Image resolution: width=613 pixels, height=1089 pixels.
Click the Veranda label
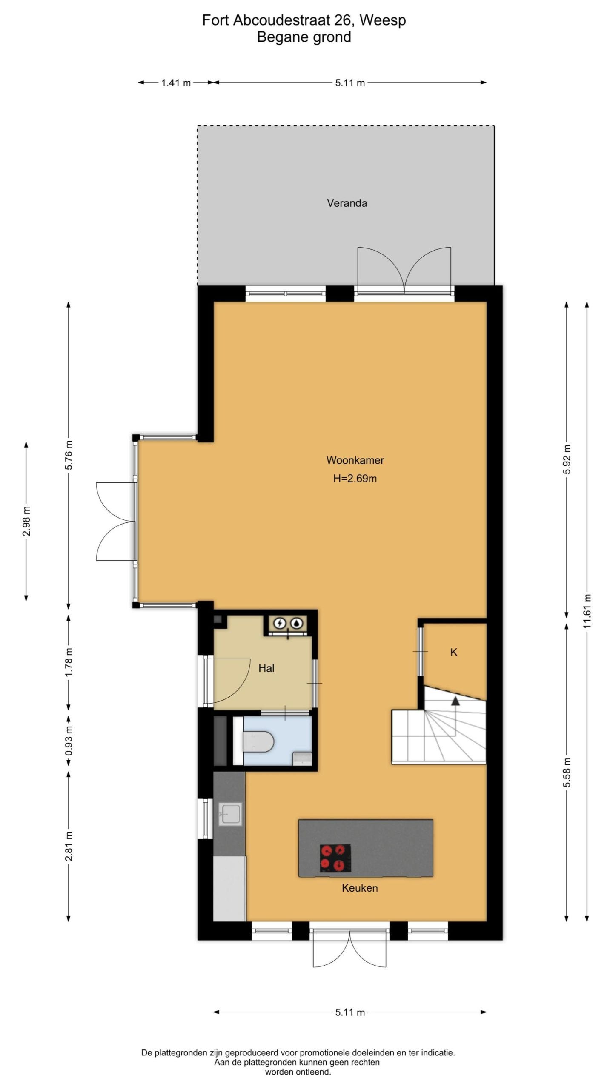coord(347,203)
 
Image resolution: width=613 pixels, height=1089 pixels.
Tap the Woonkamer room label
coord(355,460)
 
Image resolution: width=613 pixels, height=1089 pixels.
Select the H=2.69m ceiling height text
coord(355,479)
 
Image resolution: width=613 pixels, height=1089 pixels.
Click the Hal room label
coord(266,668)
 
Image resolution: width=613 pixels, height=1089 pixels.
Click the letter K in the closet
coord(454,652)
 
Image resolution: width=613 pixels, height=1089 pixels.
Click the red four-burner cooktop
coord(335,858)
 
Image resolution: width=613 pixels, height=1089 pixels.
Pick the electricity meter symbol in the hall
coord(280,623)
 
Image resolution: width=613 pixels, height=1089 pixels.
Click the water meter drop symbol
coord(296,623)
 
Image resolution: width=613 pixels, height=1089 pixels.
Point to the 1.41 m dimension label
coord(176,83)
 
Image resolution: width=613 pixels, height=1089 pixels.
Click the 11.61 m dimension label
coord(587,611)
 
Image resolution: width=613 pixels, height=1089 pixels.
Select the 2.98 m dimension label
coord(26,521)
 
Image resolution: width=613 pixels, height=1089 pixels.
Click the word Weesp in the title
coord(383,20)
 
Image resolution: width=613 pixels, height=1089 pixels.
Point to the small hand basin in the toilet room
coord(302,758)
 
